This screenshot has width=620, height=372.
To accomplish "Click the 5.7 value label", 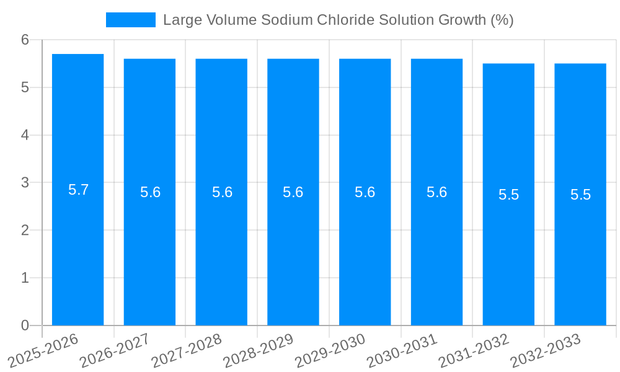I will pyautogui.click(x=79, y=190).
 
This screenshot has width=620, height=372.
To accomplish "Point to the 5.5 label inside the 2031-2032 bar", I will pyautogui.click(x=508, y=195).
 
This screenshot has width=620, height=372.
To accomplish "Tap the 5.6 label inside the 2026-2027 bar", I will pyautogui.click(x=150, y=192).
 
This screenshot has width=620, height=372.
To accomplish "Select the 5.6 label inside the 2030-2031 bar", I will pyautogui.click(x=436, y=192).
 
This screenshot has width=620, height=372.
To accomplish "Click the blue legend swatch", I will pyautogui.click(x=131, y=20).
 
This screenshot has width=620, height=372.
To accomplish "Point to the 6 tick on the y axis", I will pyautogui.click(x=25, y=40).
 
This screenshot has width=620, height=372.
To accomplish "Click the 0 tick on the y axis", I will pyautogui.click(x=25, y=325).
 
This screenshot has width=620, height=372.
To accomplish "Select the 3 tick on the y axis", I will pyautogui.click(x=25, y=183).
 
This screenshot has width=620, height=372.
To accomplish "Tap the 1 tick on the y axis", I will pyautogui.click(x=25, y=278).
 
